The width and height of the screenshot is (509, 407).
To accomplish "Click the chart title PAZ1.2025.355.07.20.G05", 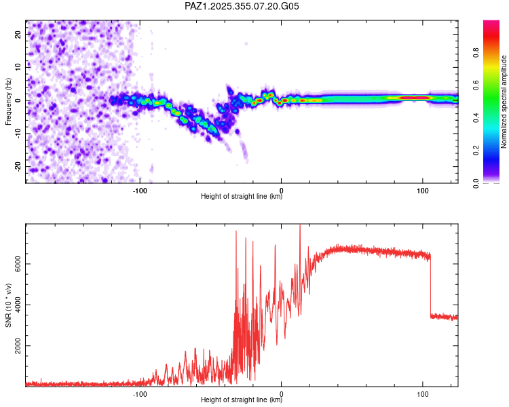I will (x=242, y=6).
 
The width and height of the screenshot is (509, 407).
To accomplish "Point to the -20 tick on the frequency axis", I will (x=16, y=166).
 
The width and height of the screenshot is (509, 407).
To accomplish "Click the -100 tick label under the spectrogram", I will (x=140, y=190).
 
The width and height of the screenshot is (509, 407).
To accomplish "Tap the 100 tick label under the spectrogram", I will (x=422, y=190).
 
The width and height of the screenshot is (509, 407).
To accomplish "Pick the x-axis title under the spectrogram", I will (x=242, y=197).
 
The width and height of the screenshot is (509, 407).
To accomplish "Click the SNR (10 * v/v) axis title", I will (x=8, y=305).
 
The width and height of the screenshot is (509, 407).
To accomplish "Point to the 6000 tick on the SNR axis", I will (x=14, y=264).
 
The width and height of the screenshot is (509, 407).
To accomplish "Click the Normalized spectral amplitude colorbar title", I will (x=504, y=101).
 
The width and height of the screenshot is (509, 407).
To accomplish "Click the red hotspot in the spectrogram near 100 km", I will (x=414, y=98).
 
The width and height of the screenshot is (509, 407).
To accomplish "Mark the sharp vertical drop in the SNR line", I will (x=430, y=285).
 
